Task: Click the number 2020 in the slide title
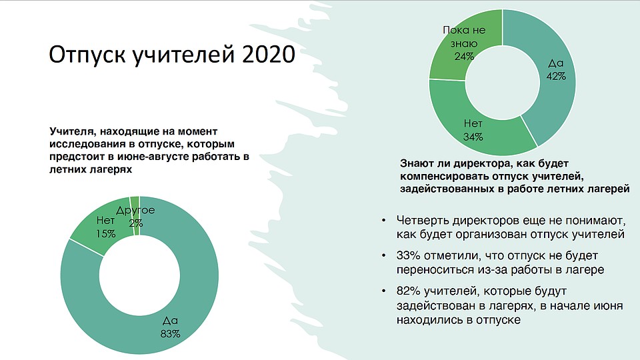pyautogui.click(x=269, y=54)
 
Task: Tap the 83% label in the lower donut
pyautogui.click(x=170, y=334)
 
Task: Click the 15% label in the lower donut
pyautogui.click(x=106, y=233)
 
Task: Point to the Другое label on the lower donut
pyautogui.click(x=135, y=211)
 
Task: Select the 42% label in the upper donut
pyautogui.click(x=556, y=76)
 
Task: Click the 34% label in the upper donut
pyautogui.click(x=473, y=137)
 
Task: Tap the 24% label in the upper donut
pyautogui.click(x=464, y=56)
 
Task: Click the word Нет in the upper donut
pyautogui.click(x=473, y=123)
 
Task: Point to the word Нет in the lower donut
pyautogui.click(x=105, y=221)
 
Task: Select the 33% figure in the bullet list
pyautogui.click(x=408, y=256)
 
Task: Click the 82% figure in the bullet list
pyautogui.click(x=408, y=291)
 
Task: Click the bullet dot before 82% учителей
pyautogui.click(x=383, y=291)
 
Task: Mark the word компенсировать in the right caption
pyautogui.click(x=445, y=176)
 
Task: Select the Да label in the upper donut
pyautogui.click(x=555, y=63)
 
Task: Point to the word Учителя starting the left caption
pyautogui.click(x=73, y=131)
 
